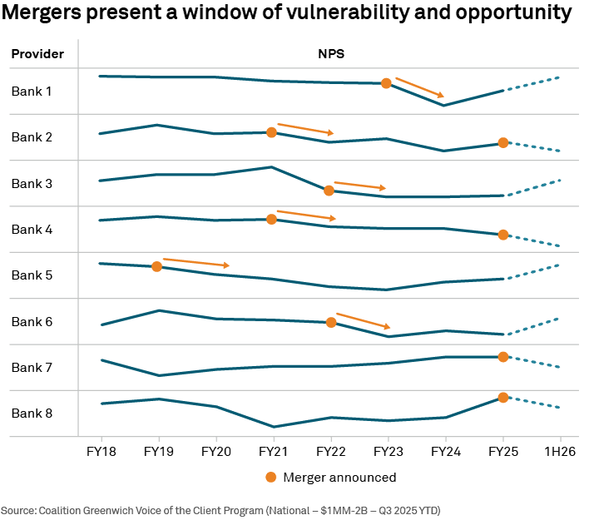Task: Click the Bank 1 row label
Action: click(x=32, y=91)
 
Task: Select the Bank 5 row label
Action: click(x=32, y=275)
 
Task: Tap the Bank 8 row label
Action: click(x=32, y=414)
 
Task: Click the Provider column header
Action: click(x=37, y=54)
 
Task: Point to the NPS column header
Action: click(x=330, y=54)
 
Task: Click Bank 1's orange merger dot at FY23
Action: click(x=386, y=83)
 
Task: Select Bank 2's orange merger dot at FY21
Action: click(x=271, y=132)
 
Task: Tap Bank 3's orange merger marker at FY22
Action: click(x=329, y=191)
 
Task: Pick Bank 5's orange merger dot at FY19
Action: click(x=156, y=266)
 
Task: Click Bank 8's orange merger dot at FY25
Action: click(x=502, y=398)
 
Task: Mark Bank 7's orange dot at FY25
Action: click(x=502, y=357)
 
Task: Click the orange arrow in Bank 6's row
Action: click(x=363, y=321)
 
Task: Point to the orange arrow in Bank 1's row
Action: click(x=419, y=87)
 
